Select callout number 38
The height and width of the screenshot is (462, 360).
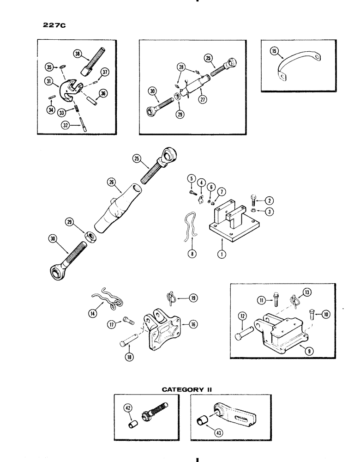78,54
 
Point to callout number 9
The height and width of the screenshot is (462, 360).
297,351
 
